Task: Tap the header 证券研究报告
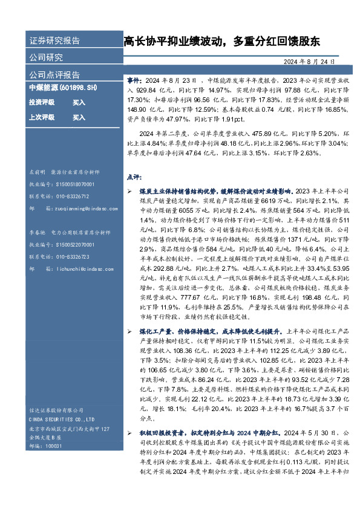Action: [54, 41]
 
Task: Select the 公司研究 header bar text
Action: [46, 58]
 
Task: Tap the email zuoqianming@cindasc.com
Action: [81, 209]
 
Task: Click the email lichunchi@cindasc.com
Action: [79, 269]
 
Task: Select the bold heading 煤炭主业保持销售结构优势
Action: [183, 190]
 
